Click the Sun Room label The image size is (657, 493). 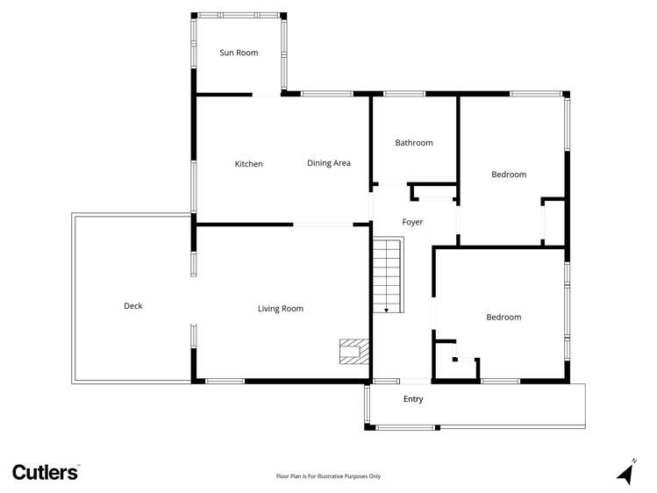coord(239,53)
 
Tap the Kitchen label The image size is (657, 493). coord(248,164)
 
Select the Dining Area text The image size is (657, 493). coord(329,163)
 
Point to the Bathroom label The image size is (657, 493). coord(413,143)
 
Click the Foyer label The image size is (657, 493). coord(412,222)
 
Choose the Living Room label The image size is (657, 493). coord(280,309)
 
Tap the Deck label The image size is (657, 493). coord(132,306)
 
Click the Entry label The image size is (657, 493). coord(413,399)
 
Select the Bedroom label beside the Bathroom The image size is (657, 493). coord(509,175)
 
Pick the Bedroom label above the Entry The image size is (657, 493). coord(503,318)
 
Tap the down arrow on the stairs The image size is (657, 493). coord(386,309)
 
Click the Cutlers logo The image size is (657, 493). coord(46,472)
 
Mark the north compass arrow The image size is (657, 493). coord(625,472)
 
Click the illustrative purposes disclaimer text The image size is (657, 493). coord(328,476)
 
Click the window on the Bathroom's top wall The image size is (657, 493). coord(404,94)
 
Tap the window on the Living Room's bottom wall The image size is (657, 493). coord(225,381)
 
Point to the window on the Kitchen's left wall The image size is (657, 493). coord(194,185)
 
